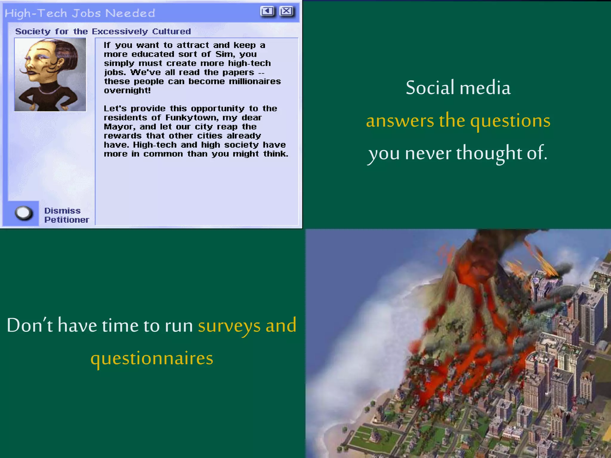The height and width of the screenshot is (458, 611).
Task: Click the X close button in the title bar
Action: (x=286, y=11)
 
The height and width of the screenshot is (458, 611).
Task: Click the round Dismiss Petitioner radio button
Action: (x=24, y=213)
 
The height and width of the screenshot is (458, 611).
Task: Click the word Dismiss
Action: (x=62, y=211)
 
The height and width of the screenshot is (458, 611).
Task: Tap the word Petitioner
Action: (x=67, y=220)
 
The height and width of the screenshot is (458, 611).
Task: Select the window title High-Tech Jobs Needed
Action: (x=80, y=13)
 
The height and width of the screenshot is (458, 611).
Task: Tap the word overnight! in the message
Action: (x=127, y=90)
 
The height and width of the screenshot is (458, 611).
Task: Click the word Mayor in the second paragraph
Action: (x=119, y=127)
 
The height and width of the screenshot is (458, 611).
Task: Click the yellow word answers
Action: (x=400, y=121)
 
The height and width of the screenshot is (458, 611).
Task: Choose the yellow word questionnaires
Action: (x=152, y=358)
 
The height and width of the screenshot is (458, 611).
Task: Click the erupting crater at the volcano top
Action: (x=483, y=239)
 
